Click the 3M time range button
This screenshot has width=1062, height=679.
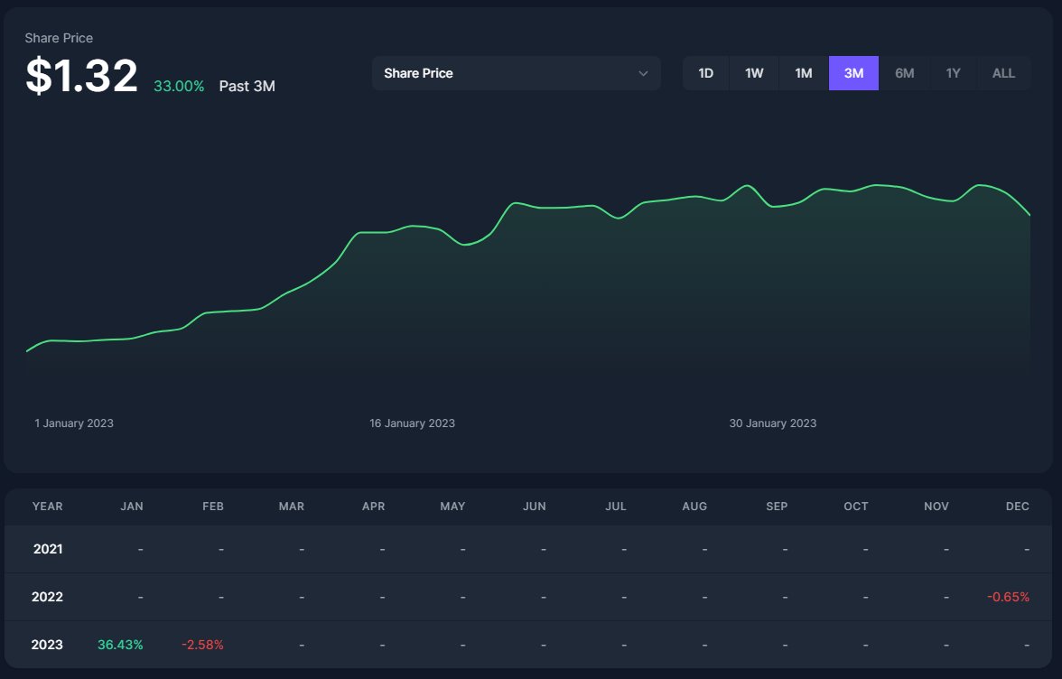tap(853, 73)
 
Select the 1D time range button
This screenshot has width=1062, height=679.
tap(706, 73)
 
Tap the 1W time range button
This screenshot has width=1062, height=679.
tap(754, 73)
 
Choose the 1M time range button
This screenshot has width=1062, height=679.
tap(804, 73)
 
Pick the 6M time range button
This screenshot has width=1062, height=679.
tap(904, 73)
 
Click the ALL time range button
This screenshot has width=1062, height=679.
tap(1003, 73)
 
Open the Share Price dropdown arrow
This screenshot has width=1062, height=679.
tap(643, 73)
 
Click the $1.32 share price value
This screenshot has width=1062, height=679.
tap(81, 76)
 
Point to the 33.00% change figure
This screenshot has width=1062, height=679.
tap(179, 87)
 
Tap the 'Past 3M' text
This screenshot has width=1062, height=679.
tap(247, 87)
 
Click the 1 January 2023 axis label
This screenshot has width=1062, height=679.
tap(74, 423)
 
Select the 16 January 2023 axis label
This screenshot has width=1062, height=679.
tap(412, 423)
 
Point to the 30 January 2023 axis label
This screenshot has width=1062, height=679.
tap(772, 423)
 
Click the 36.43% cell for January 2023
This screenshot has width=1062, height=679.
tap(120, 645)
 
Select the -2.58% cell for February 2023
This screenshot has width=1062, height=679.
tap(202, 645)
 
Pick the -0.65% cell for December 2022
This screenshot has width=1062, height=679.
tap(1008, 597)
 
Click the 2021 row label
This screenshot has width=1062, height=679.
tap(47, 549)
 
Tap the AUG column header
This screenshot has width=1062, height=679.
tap(694, 507)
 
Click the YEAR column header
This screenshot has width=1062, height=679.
tap(47, 507)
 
